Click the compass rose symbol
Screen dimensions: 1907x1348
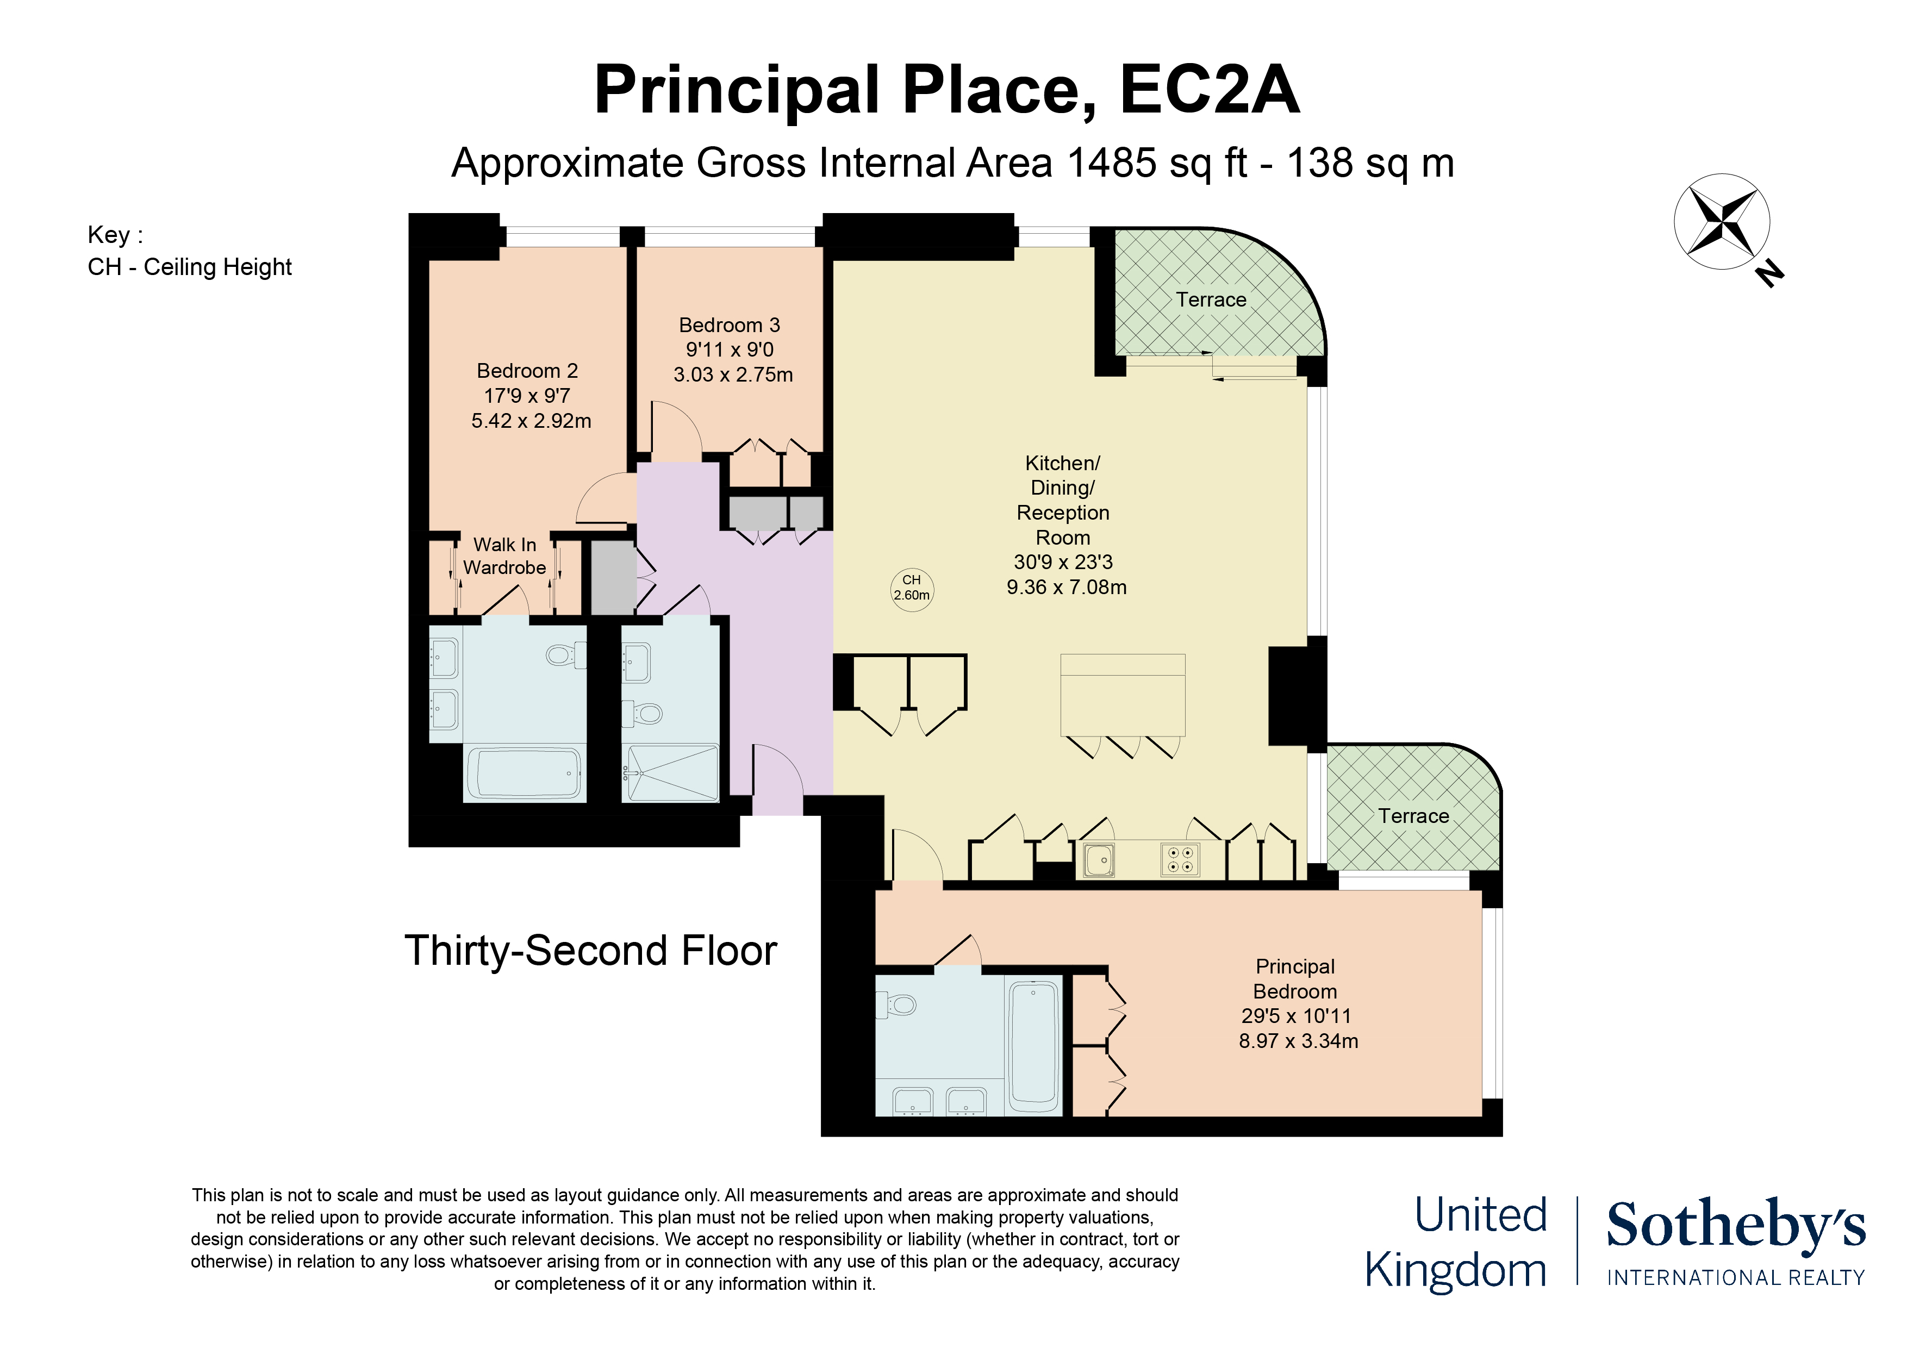pos(1721,222)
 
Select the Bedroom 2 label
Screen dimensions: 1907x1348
pos(527,371)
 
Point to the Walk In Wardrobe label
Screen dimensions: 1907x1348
pos(504,556)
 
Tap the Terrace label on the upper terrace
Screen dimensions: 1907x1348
pos(1211,300)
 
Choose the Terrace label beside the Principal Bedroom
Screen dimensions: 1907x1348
pos(1413,816)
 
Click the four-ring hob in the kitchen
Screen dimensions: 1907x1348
pos(1180,860)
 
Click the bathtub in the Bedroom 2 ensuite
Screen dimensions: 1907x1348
pos(524,774)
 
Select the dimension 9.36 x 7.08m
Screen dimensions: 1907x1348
pos(1067,587)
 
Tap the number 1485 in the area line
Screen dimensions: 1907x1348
pos(1111,163)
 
